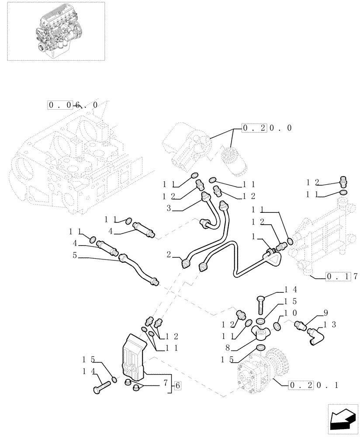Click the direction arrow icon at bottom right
pyautogui.click(x=342, y=420)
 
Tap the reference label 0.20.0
pyautogui.click(x=267, y=128)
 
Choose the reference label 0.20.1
pyautogui.click(x=313, y=385)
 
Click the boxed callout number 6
pyautogui.click(x=177, y=385)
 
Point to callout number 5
pyautogui.click(x=75, y=256)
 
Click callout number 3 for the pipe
pyautogui.click(x=168, y=209)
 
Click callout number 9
pyautogui.click(x=325, y=313)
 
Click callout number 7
pyautogui.click(x=165, y=383)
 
